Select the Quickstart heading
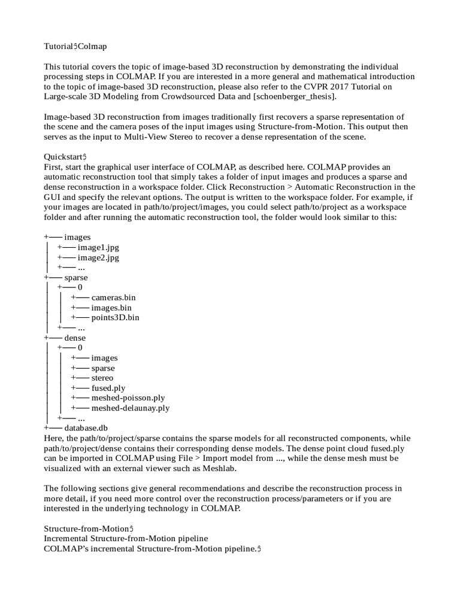tap(65, 156)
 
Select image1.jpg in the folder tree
tap(98, 247)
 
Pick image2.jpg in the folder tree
tap(98, 257)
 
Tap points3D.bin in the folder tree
tap(115, 318)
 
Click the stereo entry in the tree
tap(102, 378)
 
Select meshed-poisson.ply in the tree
tap(128, 398)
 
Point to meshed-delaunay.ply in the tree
tap(130, 408)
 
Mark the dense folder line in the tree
tap(74, 338)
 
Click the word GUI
tap(53, 197)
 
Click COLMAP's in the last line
tap(66, 549)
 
